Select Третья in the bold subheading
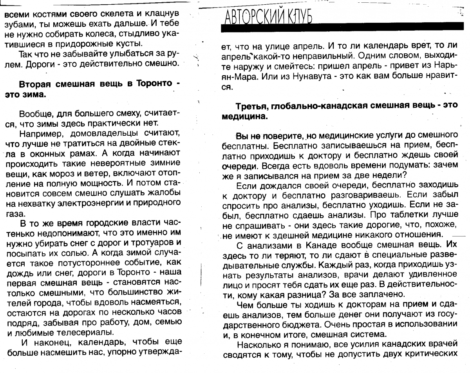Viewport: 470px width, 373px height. (x=251, y=107)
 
